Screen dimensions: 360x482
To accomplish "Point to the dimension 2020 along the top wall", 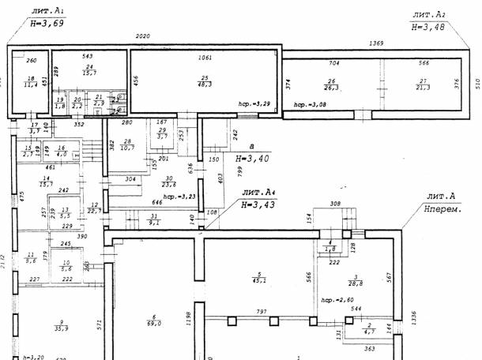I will pyautogui.click(x=143, y=37).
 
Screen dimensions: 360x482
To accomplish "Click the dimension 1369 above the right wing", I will pyautogui.click(x=375, y=45).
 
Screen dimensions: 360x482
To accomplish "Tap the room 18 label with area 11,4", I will pyautogui.click(x=32, y=82).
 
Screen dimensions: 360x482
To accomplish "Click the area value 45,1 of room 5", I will pyautogui.click(x=258, y=279).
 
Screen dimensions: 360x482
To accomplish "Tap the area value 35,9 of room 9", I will pyautogui.click(x=58, y=328).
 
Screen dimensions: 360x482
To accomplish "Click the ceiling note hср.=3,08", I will pyautogui.click(x=311, y=104).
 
